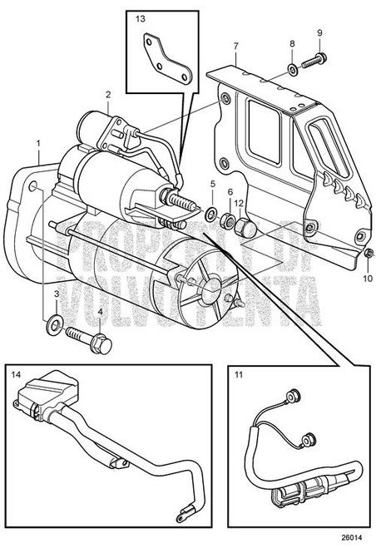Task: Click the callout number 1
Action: pyautogui.click(x=39, y=144)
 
